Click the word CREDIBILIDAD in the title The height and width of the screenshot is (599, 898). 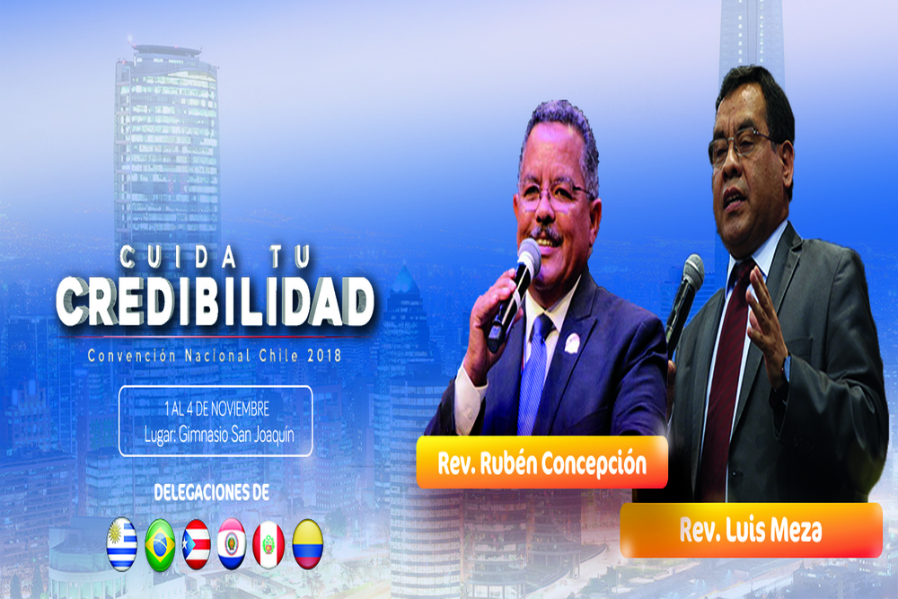[x=216, y=302]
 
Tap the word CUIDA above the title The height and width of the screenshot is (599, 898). [x=178, y=257]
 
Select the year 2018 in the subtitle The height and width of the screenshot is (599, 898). [x=324, y=356]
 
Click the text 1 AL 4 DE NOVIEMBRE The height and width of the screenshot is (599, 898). [x=216, y=409]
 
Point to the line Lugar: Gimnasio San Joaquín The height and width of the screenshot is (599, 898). [x=219, y=435]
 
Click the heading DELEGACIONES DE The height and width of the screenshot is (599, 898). [x=211, y=492]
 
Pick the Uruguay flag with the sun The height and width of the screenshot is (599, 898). [x=122, y=544]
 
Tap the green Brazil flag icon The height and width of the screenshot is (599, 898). [x=160, y=544]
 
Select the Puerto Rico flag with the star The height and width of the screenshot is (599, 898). [x=196, y=544]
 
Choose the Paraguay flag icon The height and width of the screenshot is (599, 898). [x=232, y=544]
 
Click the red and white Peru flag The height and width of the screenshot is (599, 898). [x=269, y=544]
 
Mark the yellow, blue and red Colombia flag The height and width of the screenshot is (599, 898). [x=307, y=544]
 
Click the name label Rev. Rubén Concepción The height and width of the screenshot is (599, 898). [x=541, y=462]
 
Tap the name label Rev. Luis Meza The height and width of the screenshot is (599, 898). [x=751, y=530]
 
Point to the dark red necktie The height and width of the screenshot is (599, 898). [x=723, y=378]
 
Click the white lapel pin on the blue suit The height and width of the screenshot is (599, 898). [x=572, y=343]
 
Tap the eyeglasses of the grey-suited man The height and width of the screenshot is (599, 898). [x=740, y=145]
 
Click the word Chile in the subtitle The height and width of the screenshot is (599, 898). [x=278, y=356]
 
